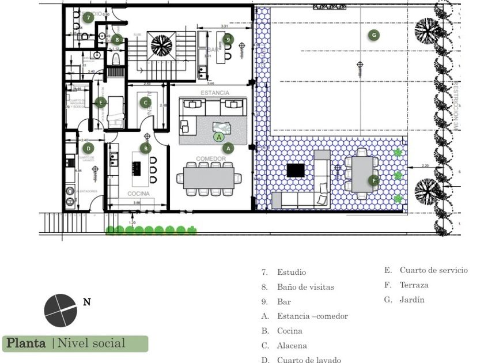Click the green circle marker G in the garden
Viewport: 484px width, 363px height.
click(374, 35)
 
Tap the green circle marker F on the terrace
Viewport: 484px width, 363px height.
click(373, 180)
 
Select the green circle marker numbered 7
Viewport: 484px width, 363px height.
click(88, 17)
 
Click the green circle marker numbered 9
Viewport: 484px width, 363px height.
click(228, 39)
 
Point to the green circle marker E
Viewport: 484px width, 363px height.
click(101, 103)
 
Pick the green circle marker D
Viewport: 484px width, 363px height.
click(88, 148)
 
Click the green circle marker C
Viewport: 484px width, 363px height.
click(146, 103)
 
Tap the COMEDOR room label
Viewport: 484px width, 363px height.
click(210, 158)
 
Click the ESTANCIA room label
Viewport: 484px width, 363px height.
click(214, 93)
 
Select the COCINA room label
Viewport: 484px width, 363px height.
click(138, 194)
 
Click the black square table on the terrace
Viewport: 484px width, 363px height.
click(296, 170)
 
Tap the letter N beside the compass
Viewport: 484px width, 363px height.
click(87, 301)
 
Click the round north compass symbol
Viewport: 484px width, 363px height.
click(60, 310)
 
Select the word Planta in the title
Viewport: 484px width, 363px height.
click(26, 343)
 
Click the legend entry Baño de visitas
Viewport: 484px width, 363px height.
click(305, 287)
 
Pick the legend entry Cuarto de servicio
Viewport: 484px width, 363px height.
click(433, 270)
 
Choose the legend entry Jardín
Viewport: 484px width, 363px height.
click(411, 300)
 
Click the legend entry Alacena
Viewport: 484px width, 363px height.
click(292, 346)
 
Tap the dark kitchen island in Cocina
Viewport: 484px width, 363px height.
click(138, 168)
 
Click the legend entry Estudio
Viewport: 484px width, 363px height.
click(291, 273)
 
